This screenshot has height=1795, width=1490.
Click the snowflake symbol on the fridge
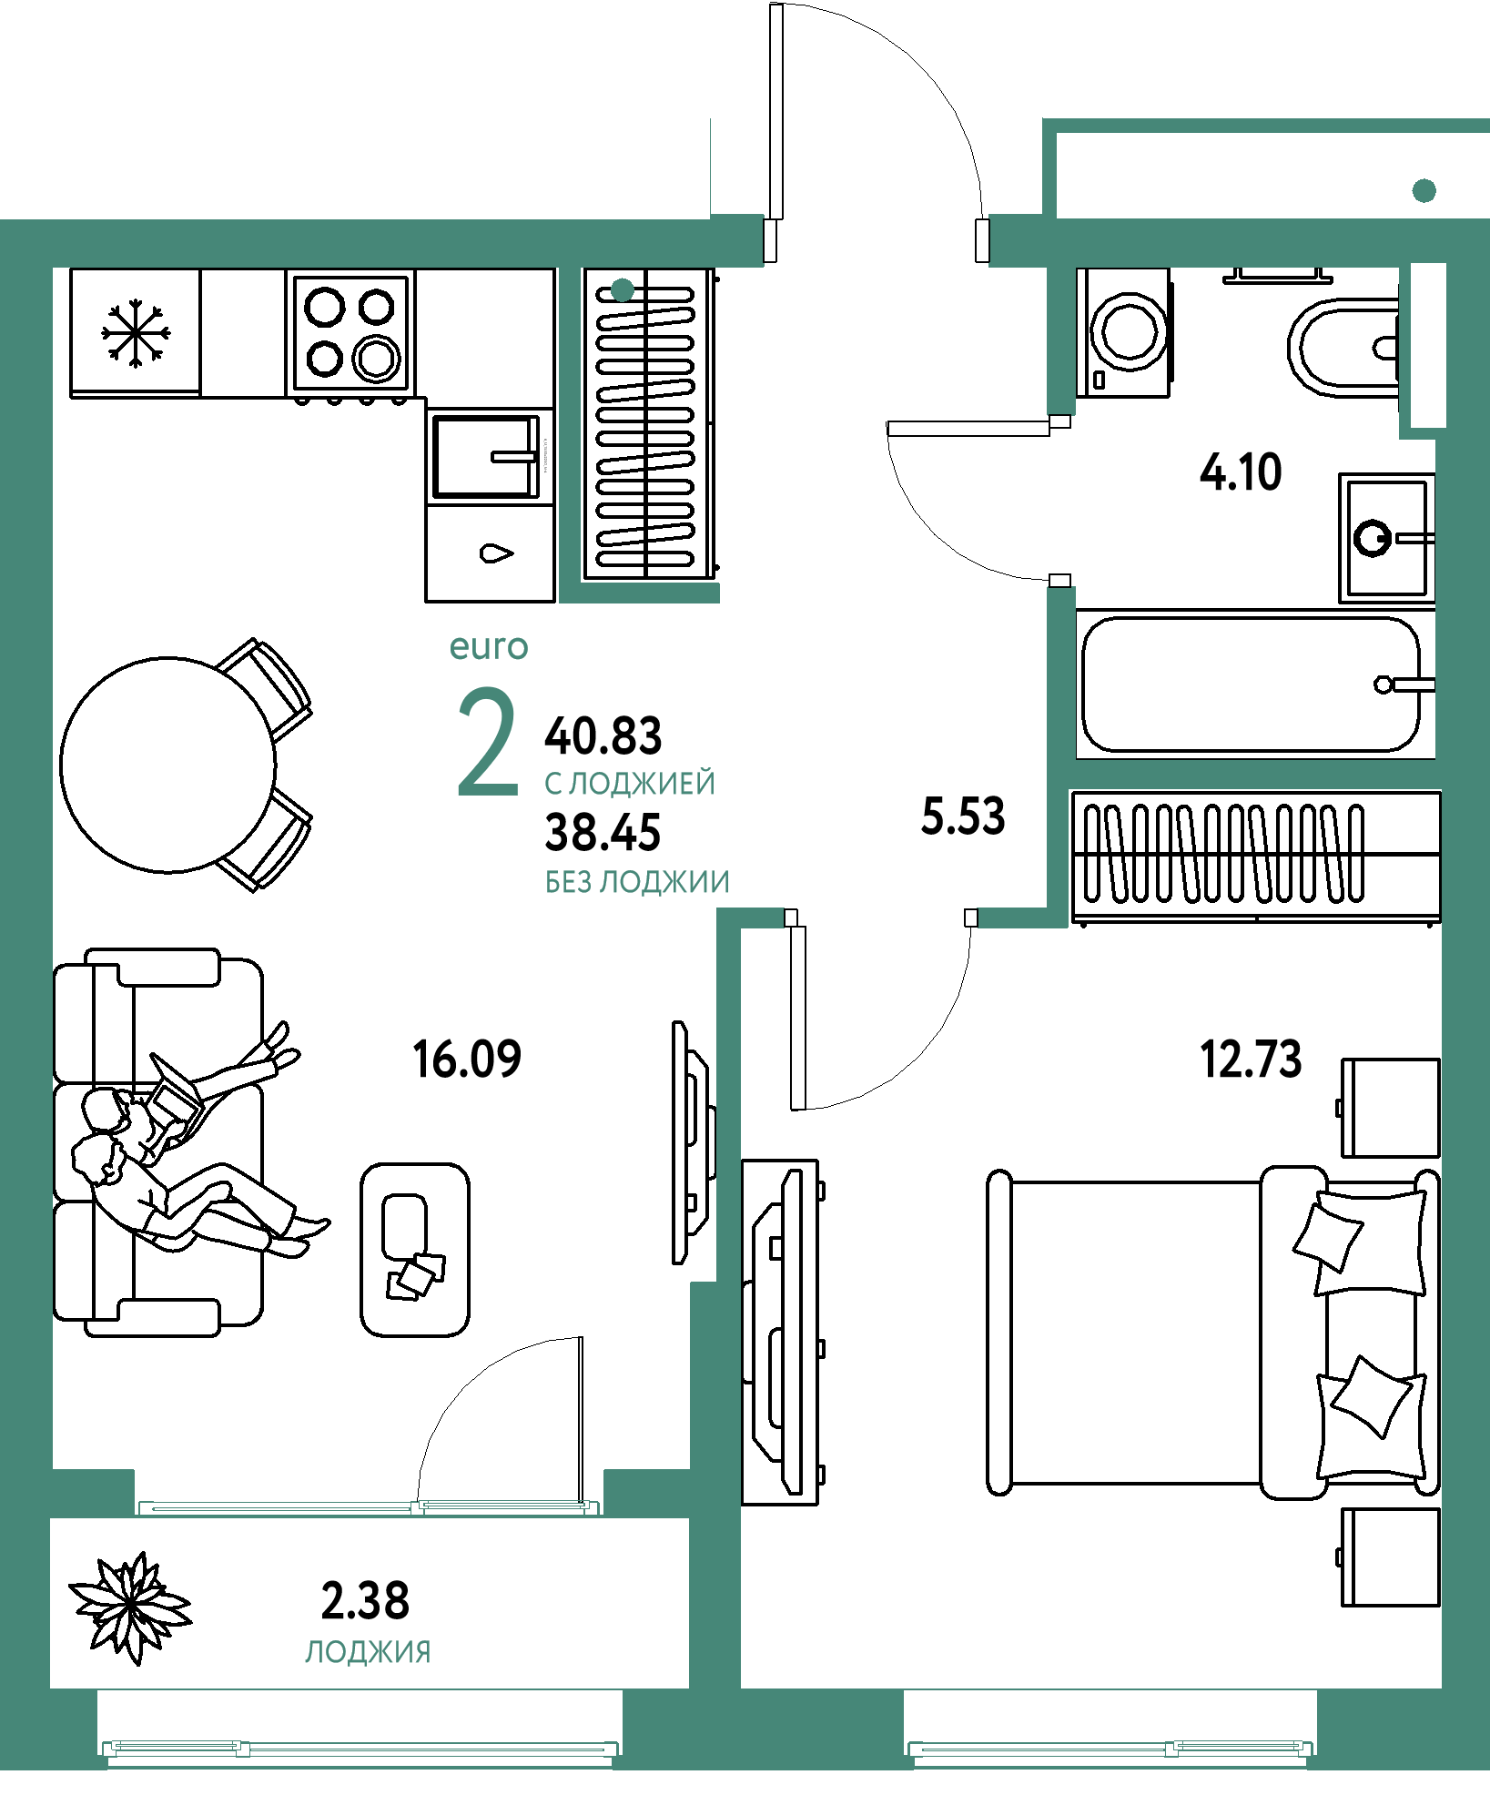pos(136,333)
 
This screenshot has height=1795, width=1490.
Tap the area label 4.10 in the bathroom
pos(1241,472)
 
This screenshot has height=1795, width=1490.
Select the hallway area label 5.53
pos(963,816)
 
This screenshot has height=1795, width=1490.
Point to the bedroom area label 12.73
pos(1251,1060)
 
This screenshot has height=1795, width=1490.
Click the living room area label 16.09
pos(467,1060)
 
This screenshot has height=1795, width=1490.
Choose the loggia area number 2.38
pos(365,1601)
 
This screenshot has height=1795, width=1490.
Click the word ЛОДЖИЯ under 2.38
pos(368,1652)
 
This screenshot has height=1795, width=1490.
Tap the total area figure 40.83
pos(603,736)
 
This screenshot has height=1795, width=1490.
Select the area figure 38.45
pos(603,833)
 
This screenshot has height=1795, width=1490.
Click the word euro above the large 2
pos(489,647)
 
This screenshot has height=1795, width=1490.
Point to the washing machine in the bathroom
pos(1124,332)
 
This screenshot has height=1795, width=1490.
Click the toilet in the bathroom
pos(1343,348)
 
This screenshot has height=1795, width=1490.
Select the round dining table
pos(168,766)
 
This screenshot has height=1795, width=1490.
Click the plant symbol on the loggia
pos(131,1608)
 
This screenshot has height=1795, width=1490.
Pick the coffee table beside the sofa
pos(415,1250)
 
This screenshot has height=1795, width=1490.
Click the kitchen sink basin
pos(486,457)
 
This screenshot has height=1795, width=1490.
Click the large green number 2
pos(488,742)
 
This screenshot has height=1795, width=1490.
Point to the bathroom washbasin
pos(1387,537)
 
